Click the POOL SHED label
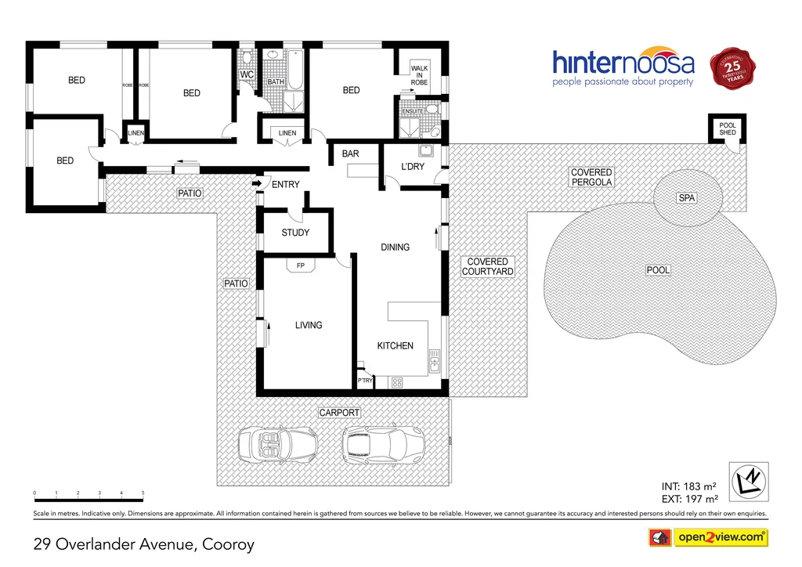728,128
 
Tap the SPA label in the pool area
686,198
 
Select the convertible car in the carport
277,444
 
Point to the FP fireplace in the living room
300,266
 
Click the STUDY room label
295,233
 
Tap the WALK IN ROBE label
420,74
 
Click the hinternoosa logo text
623,63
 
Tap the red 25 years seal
735,68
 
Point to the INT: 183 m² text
690,486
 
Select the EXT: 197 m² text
690,498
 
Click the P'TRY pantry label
365,381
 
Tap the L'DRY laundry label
412,168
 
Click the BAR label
350,154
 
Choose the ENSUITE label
412,112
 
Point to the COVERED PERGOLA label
591,177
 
